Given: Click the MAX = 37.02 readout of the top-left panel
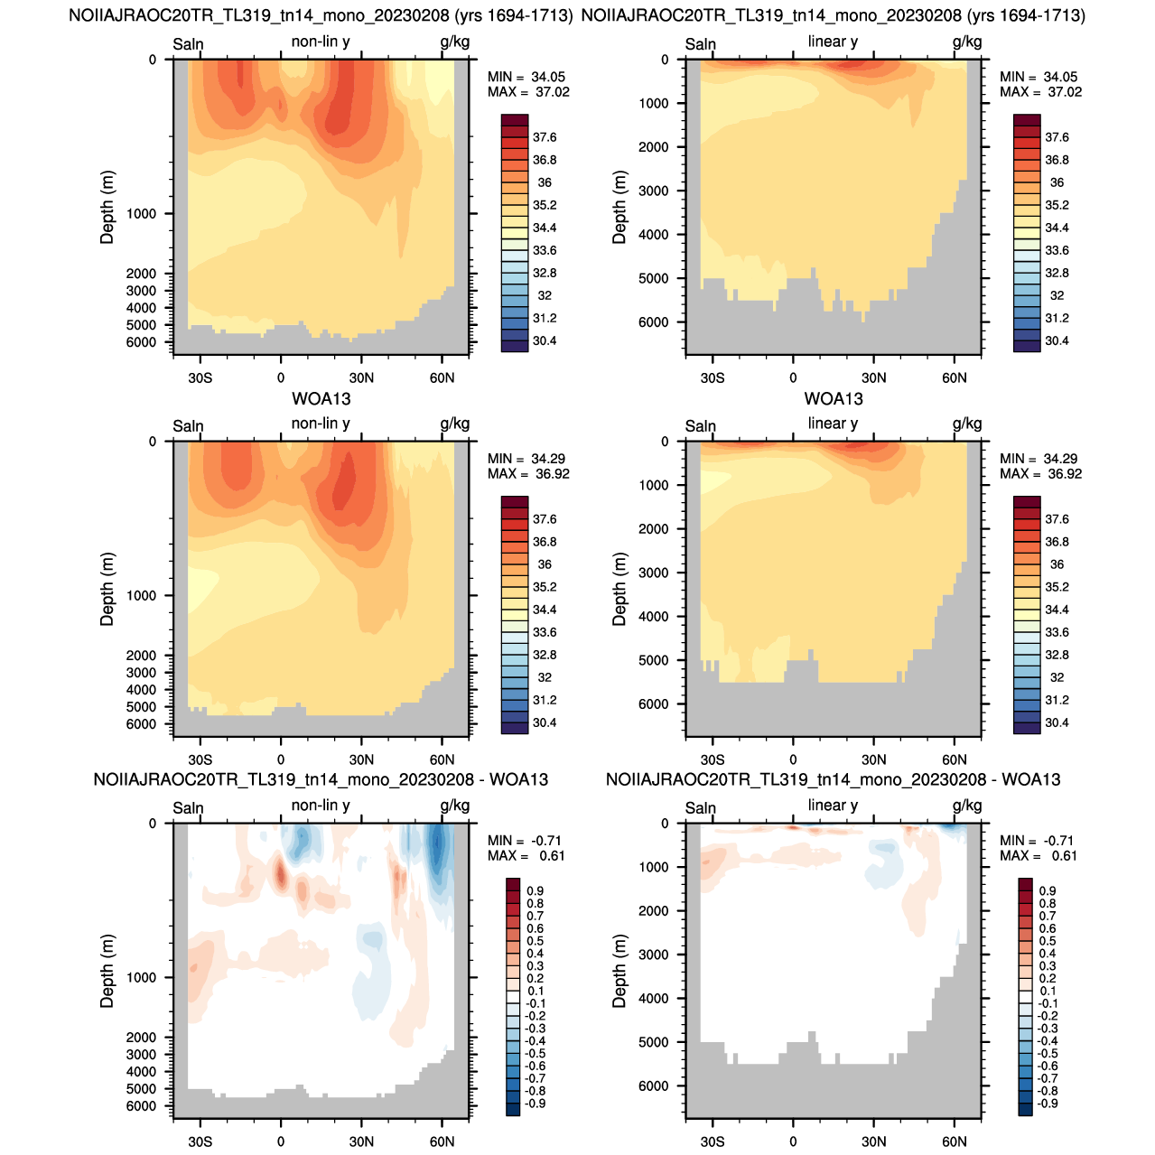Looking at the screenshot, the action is point(528,92).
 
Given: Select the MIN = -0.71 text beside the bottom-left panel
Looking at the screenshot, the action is point(524,841).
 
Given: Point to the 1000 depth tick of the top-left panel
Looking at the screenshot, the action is point(142,214).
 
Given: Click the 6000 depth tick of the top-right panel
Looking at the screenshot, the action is point(653,322).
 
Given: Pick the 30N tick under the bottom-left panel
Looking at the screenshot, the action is point(361,1141).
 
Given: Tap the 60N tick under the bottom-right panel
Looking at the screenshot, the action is point(955,1141).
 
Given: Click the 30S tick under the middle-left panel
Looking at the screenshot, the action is point(200,760).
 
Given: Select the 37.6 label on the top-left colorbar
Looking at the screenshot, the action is point(545,137).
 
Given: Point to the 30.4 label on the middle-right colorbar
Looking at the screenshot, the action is point(1057,722).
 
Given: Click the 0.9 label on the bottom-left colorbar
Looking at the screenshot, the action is point(536,890).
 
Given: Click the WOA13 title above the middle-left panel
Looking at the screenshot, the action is point(321,398).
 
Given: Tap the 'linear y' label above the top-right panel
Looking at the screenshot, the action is point(833,42).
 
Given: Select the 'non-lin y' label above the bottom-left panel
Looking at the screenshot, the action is point(321,805).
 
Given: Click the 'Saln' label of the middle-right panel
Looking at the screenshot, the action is point(700,426).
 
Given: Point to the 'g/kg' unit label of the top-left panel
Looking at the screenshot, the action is point(455,42).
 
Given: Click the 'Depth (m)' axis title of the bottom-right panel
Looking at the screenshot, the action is point(619,971).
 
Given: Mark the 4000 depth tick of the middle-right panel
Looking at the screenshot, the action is point(653,617).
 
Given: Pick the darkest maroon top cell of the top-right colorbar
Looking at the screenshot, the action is point(1027,120).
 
